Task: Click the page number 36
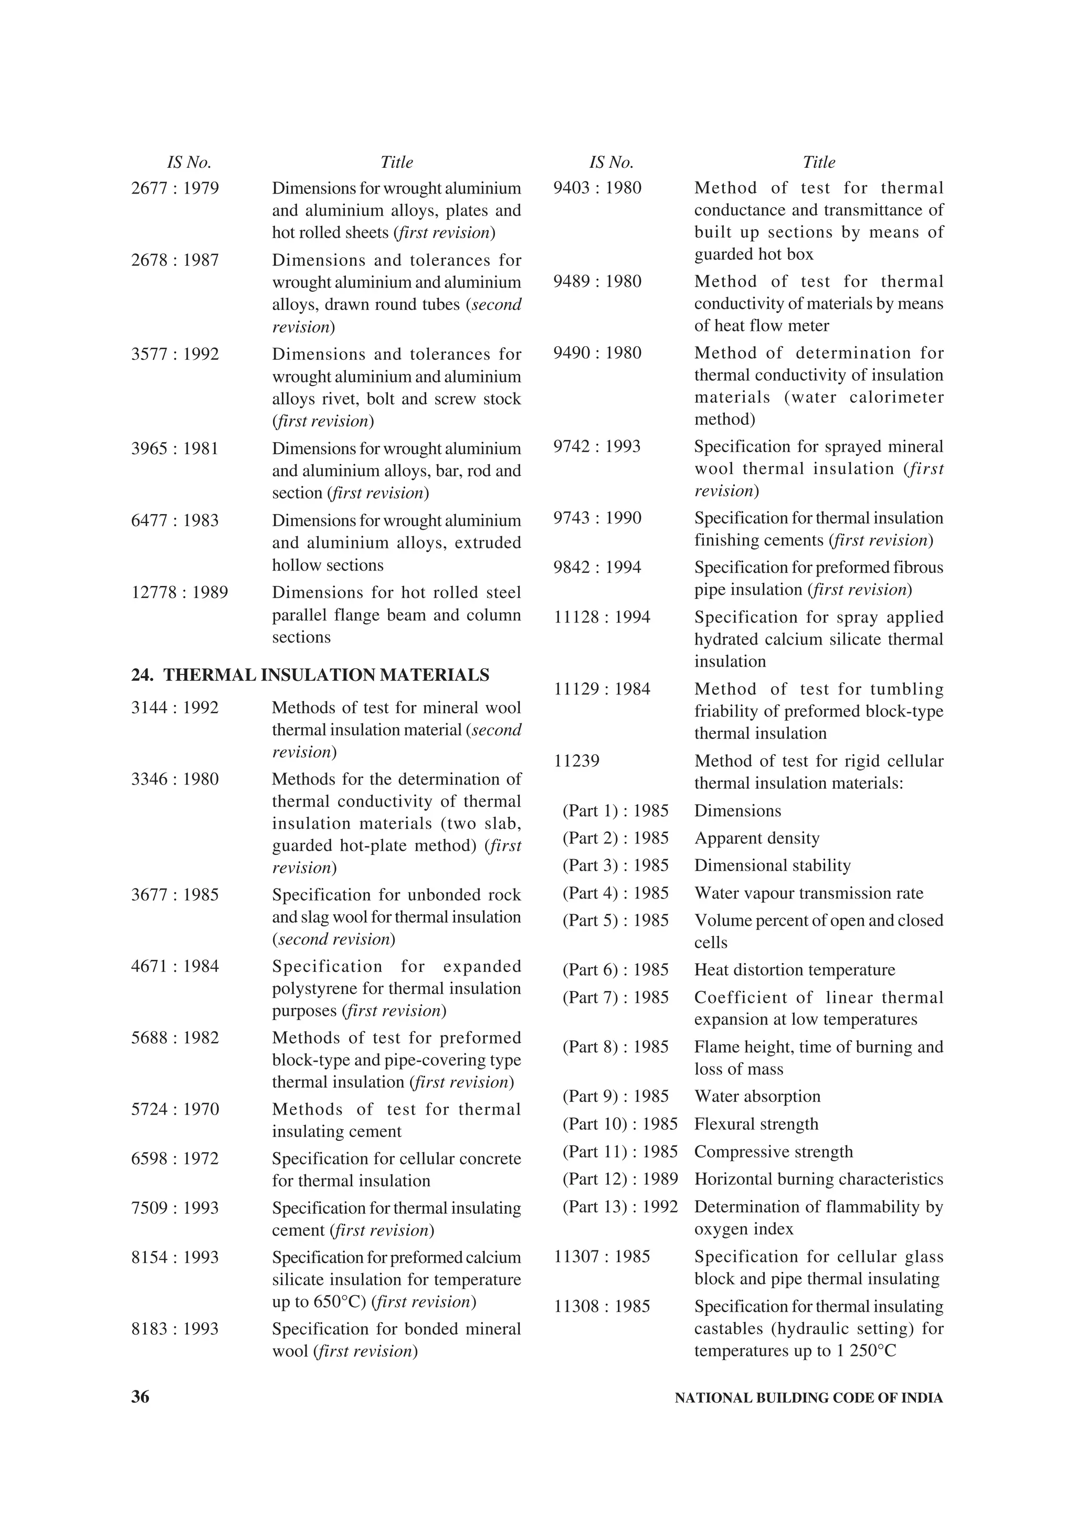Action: point(141,1397)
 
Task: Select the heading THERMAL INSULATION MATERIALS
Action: point(326,675)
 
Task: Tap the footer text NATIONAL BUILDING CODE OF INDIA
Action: point(808,1398)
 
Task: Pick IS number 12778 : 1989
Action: point(180,593)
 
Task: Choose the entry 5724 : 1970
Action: point(175,1109)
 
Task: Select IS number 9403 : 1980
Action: point(597,188)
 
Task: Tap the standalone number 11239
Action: point(576,762)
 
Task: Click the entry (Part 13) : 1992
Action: point(620,1207)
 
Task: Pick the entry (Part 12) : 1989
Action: point(620,1179)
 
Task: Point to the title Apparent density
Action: point(756,838)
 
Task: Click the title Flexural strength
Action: point(756,1124)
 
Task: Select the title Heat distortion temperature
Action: point(794,970)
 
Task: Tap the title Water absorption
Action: point(757,1096)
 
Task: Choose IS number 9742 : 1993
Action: point(597,446)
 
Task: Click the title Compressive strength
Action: point(773,1152)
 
